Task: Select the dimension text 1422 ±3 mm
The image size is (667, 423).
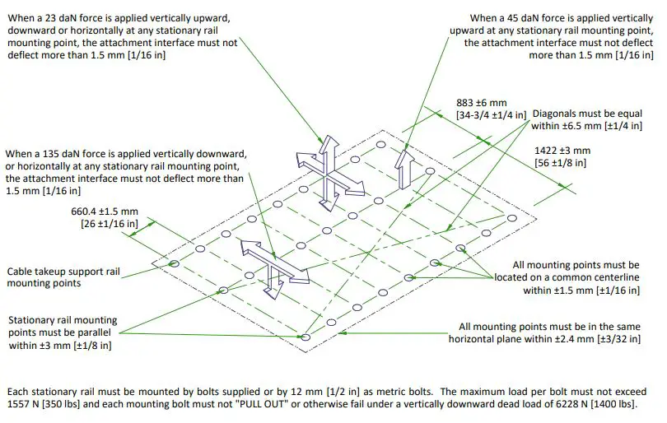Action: (x=562, y=151)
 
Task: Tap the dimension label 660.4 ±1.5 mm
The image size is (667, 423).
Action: (x=105, y=211)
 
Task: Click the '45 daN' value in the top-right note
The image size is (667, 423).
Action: (x=528, y=18)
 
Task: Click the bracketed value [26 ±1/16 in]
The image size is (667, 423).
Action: (x=110, y=223)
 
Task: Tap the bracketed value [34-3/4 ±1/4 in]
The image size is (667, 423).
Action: (x=491, y=115)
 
